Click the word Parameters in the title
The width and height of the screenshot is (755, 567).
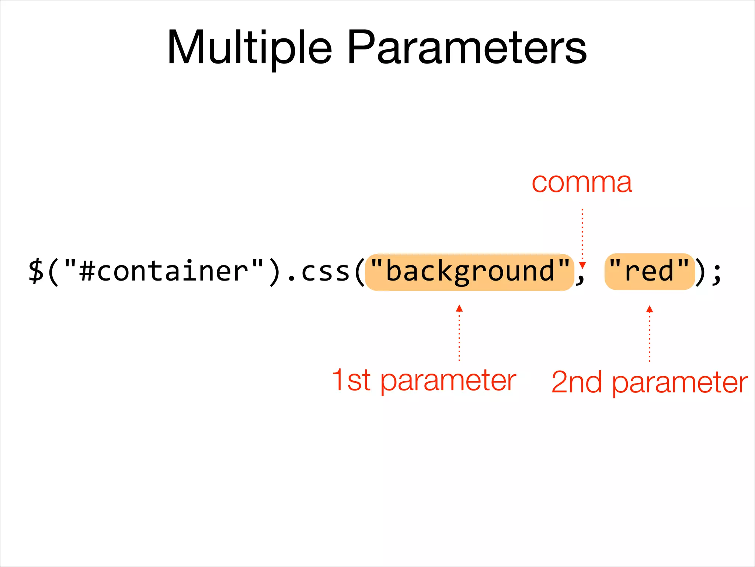[x=467, y=48]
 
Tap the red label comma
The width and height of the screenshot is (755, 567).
[x=582, y=183]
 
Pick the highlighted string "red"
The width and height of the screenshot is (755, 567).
[x=649, y=272]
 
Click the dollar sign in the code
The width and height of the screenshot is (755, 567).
[x=36, y=272]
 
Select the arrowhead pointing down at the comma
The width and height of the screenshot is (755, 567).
[x=582, y=265]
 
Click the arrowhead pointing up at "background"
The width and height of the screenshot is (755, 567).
[x=459, y=308]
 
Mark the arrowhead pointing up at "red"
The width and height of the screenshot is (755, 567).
[x=650, y=309]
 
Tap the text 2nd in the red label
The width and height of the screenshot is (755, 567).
[x=577, y=382]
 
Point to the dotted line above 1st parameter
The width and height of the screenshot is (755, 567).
[x=459, y=336]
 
